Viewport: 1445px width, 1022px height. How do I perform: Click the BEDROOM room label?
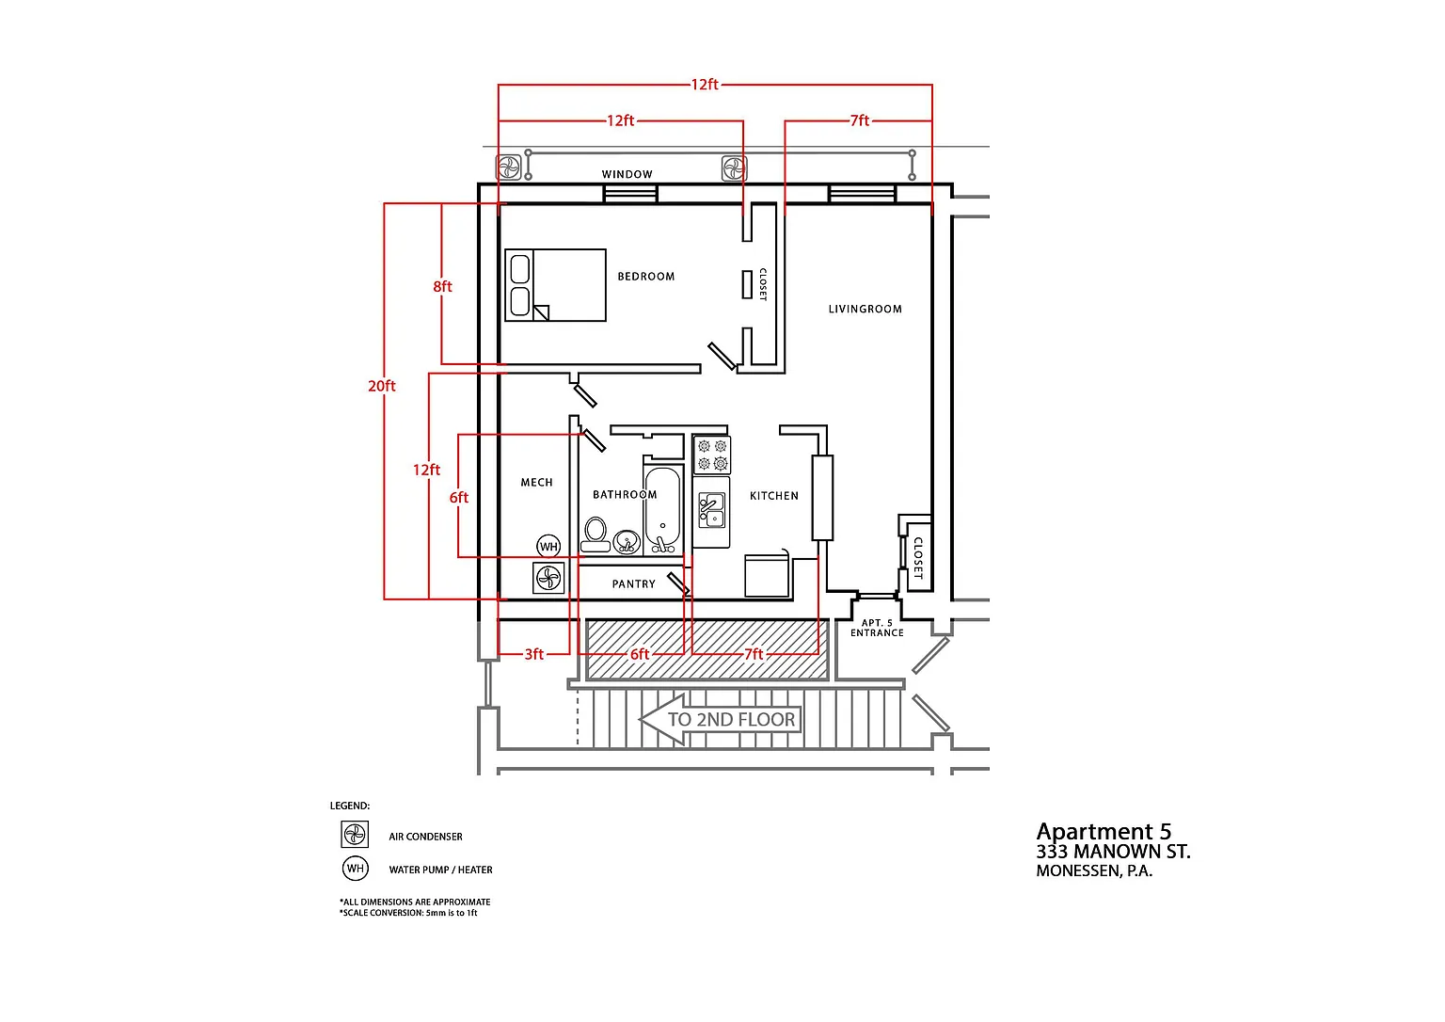(x=645, y=277)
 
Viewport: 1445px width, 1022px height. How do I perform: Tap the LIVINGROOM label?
(x=865, y=309)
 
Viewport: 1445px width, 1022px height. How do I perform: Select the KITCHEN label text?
(x=773, y=496)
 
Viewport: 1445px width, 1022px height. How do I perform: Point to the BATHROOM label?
(x=625, y=495)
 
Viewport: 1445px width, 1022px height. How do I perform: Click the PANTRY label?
(x=633, y=583)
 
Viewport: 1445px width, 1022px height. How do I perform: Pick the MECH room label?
(x=537, y=483)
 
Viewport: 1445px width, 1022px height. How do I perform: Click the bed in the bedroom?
(x=555, y=285)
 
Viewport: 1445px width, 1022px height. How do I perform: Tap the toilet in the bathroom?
(x=595, y=535)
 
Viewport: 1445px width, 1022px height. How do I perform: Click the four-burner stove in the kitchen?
(x=712, y=455)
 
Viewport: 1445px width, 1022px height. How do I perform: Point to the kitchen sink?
(x=711, y=510)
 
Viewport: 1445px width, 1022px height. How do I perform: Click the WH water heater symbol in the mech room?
(x=548, y=547)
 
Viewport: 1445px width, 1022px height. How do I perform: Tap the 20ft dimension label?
(x=381, y=386)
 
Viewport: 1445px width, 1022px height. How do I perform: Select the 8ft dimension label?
(x=442, y=286)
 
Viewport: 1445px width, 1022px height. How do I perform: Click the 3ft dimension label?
(x=533, y=654)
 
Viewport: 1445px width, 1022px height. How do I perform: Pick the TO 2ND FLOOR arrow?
(x=720, y=719)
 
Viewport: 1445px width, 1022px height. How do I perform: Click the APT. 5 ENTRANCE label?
(x=877, y=628)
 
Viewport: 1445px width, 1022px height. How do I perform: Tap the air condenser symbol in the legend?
(x=355, y=834)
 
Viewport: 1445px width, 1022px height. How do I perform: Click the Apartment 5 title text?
(x=1104, y=832)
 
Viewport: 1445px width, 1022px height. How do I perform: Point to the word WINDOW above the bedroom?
(x=627, y=174)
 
